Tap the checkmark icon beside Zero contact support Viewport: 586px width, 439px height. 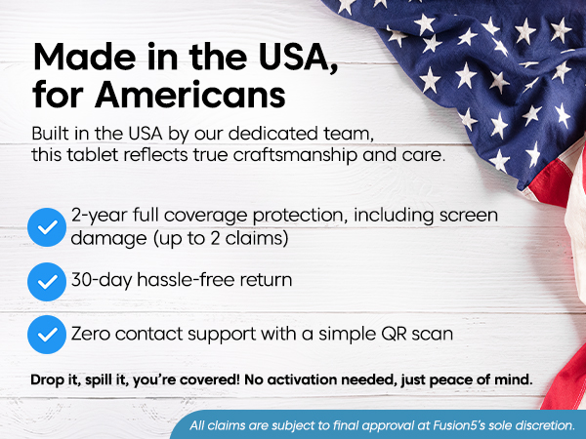(x=44, y=335)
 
